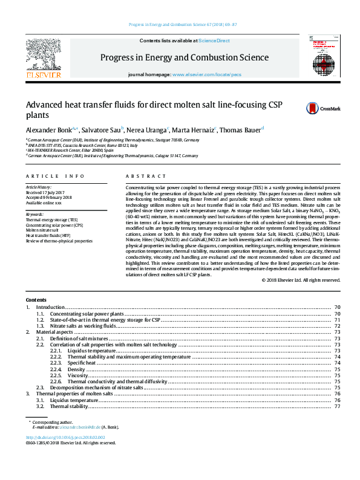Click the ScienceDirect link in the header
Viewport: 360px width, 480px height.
(x=215, y=41)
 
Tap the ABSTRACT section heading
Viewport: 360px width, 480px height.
(x=146, y=176)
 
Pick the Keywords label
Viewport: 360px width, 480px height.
(x=34, y=214)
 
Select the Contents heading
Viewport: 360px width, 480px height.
(x=36, y=300)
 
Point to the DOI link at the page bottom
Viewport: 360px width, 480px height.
(x=65, y=436)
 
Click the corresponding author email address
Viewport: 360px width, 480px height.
(x=83, y=427)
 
